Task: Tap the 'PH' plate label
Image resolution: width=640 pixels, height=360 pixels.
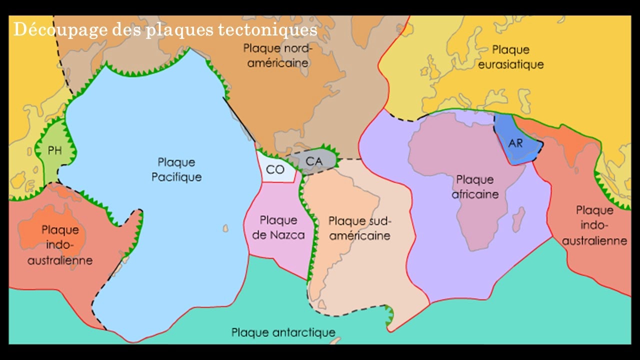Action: [55, 150]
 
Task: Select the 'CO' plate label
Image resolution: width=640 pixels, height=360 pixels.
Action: [275, 169]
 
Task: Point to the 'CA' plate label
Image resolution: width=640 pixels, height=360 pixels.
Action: [314, 161]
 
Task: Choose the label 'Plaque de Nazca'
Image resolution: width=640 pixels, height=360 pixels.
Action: [278, 227]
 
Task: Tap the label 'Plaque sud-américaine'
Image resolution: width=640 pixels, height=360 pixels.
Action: [359, 228]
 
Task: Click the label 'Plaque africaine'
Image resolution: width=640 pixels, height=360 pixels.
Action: [475, 186]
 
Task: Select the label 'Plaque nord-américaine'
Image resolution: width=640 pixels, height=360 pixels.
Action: [277, 56]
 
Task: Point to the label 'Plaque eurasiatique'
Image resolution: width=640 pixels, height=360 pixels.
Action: [510, 57]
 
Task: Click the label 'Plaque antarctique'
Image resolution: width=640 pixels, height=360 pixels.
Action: [283, 332]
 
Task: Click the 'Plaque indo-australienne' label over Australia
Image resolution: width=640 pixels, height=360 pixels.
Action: [60, 245]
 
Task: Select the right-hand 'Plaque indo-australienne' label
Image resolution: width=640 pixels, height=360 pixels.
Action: [594, 225]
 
